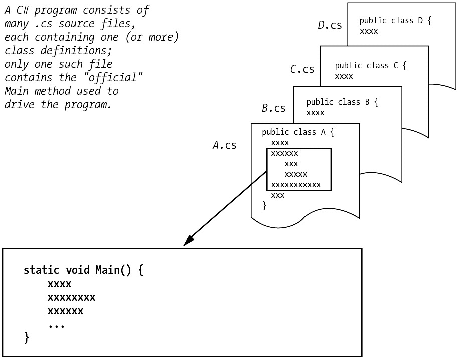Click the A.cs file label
coord(224,145)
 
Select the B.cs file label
coord(273,108)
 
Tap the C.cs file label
coord(302,69)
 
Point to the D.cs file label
coord(330,25)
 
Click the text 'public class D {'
coord(395,21)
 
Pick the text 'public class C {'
coord(371,66)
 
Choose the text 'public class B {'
coord(342,102)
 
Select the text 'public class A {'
coord(297,132)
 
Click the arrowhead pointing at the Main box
coord(187,242)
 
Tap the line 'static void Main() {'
coord(84,270)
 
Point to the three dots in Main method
coord(56,325)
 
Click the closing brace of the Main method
coord(27,337)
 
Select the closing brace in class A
coord(264,205)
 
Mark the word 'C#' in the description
coord(21,10)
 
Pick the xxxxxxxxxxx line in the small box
coord(295,185)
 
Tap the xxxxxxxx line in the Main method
coord(71,298)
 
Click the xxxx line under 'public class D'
coord(369,31)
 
